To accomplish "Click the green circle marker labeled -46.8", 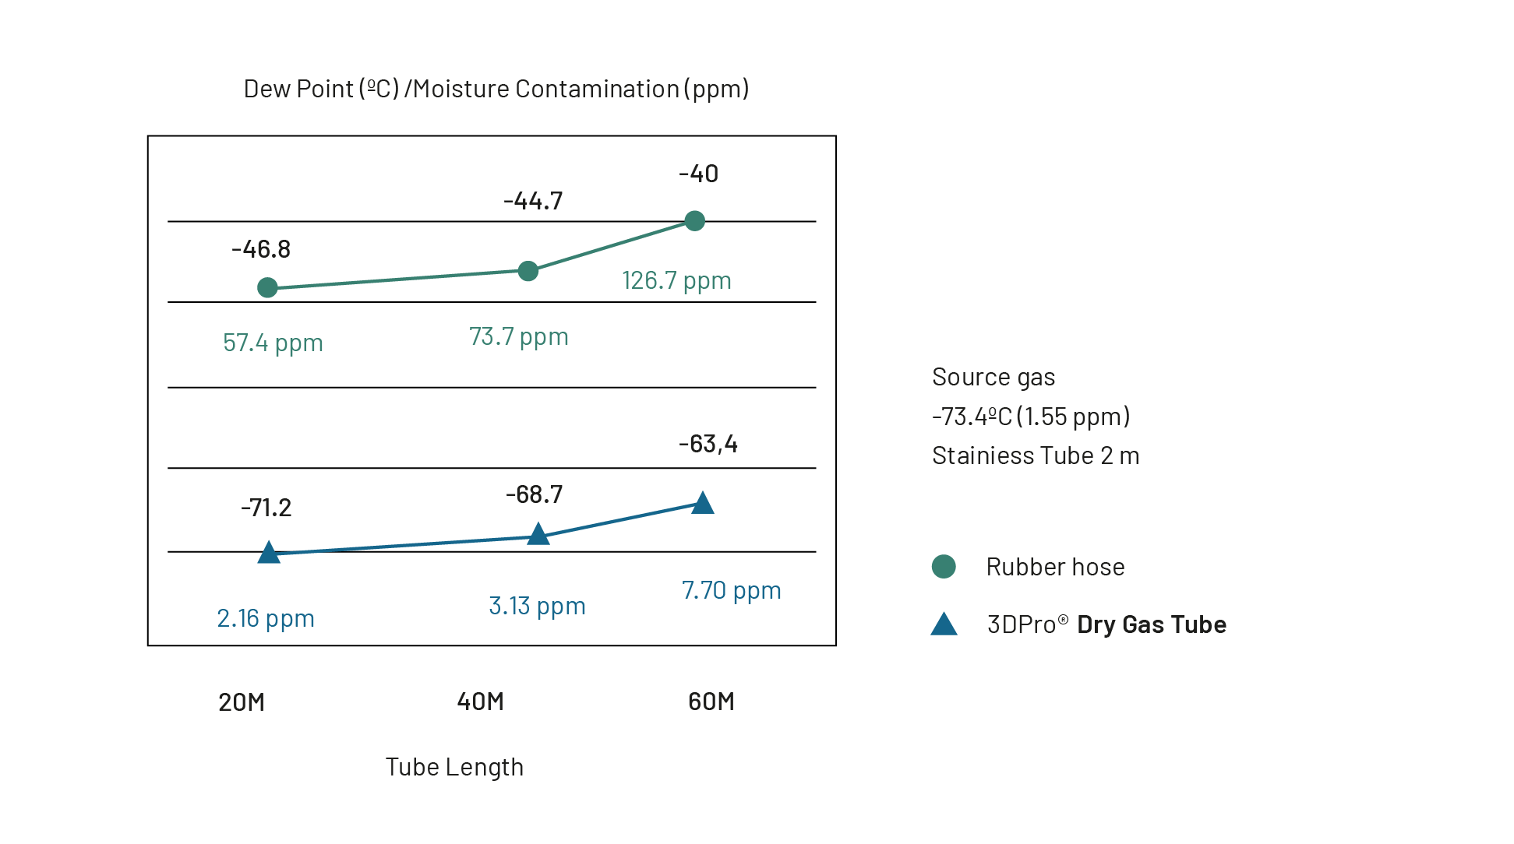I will click(267, 288).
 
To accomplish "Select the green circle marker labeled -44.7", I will click(528, 271).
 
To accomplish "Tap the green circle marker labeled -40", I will click(694, 221).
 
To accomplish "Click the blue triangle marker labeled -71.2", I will click(269, 553).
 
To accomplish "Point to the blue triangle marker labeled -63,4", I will click(703, 504).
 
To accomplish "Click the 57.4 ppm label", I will click(273, 343).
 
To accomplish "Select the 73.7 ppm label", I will click(519, 336).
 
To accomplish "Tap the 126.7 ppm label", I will click(676, 280).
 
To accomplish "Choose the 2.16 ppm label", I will click(266, 618).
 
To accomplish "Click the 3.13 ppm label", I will click(537, 606).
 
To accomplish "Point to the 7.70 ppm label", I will click(731, 590).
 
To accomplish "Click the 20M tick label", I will click(242, 702).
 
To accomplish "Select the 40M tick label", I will click(480, 702).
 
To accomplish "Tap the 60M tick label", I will click(711, 702).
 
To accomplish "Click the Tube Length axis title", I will click(454, 767).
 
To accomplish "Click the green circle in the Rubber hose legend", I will click(944, 567).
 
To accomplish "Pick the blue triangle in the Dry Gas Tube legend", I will click(944, 624).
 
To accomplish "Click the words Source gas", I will click(993, 377).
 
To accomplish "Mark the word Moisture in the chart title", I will click(461, 89).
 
